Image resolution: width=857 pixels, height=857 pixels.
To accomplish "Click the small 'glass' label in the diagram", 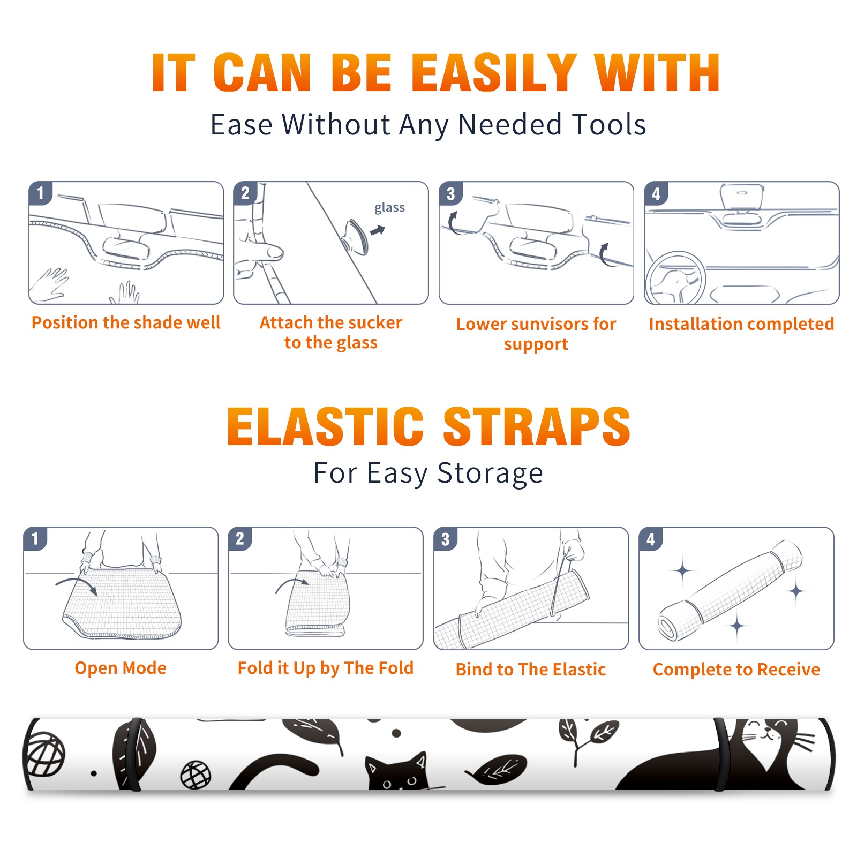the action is click(x=389, y=208).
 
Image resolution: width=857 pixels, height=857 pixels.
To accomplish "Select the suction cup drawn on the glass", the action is click(x=355, y=236).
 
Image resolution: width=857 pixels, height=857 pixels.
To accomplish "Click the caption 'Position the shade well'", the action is click(x=126, y=322).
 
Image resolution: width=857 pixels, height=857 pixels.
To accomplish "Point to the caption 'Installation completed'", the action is click(x=741, y=324).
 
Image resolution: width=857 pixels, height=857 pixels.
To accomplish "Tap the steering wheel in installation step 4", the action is click(x=676, y=278).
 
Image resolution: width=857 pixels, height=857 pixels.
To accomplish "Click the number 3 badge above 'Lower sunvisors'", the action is click(x=450, y=193).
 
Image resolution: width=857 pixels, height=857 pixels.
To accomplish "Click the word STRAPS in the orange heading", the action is click(x=537, y=426).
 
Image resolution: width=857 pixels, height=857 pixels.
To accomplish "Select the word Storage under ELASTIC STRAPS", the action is click(x=490, y=473).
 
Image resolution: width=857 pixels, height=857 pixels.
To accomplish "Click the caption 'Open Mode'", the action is click(x=121, y=668).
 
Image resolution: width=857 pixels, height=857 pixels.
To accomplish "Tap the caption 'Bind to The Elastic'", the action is click(x=531, y=670).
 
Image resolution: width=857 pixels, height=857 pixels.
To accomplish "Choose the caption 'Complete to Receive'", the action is click(x=736, y=670).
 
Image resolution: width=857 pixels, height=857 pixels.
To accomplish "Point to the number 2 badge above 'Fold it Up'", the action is click(x=240, y=539).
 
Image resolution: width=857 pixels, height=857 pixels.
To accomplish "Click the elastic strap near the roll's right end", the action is click(x=721, y=754).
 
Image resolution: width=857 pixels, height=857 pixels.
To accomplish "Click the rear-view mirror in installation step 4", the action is click(x=741, y=198).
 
